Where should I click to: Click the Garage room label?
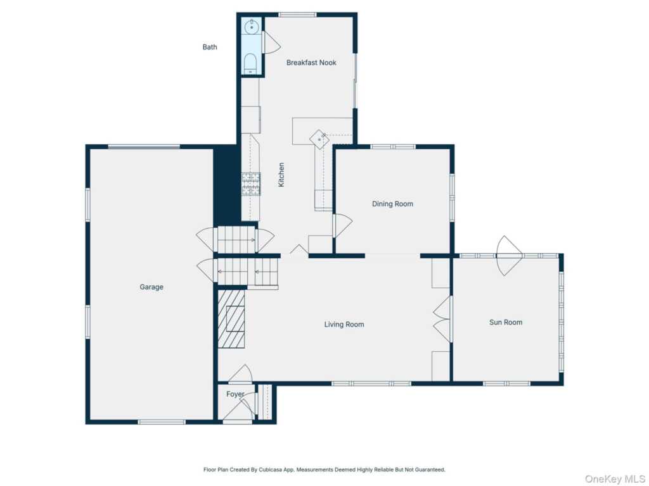tap(151, 287)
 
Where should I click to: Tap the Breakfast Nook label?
tap(311, 63)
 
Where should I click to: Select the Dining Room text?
tap(392, 204)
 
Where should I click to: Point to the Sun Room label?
tap(506, 322)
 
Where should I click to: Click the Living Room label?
tap(344, 325)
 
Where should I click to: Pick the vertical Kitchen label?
tap(281, 175)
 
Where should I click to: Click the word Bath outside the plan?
tap(210, 47)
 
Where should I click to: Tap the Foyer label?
tap(235, 394)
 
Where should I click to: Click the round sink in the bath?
tap(251, 27)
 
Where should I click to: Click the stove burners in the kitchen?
tap(251, 184)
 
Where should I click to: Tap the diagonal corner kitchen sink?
tap(319, 139)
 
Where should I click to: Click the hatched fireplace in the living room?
tap(231, 319)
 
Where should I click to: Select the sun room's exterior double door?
tap(509, 256)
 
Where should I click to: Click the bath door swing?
tap(271, 42)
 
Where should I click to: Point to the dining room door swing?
tap(343, 226)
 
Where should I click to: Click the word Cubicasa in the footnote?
tap(270, 470)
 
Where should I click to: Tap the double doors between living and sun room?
tap(442, 319)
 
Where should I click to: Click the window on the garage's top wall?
tap(144, 147)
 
